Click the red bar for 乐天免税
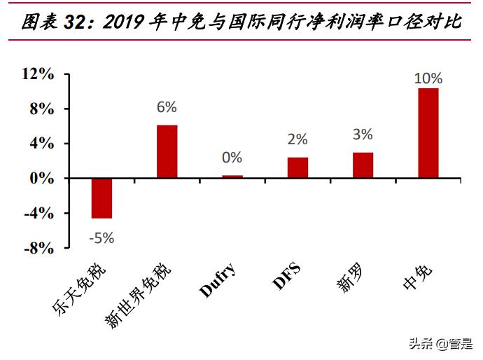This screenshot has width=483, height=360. (101, 198)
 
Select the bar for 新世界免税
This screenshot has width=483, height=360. (167, 151)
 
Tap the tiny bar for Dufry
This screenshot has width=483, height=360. (232, 176)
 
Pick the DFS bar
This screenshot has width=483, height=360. (297, 167)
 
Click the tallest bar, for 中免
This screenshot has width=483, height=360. (428, 133)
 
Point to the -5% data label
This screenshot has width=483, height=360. (101, 237)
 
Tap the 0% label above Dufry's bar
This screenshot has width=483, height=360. (232, 158)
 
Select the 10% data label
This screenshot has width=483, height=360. (428, 78)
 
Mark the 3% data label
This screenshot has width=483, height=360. (363, 134)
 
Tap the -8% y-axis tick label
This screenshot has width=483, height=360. (38, 248)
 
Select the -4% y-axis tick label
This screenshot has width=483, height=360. (38, 213)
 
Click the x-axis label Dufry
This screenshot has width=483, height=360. (218, 279)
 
